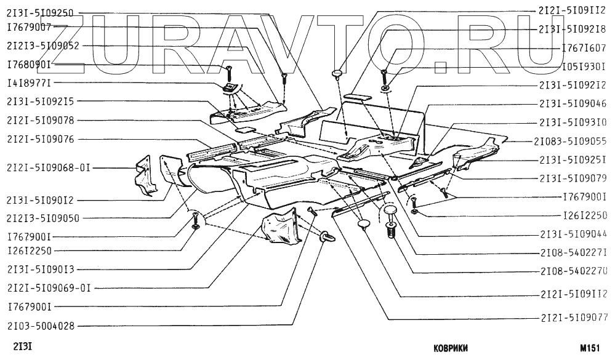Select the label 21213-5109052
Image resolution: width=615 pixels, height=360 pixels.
tap(42, 46)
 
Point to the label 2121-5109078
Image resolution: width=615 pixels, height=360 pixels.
tap(39, 120)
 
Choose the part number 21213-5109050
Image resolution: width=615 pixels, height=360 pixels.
tap(42, 218)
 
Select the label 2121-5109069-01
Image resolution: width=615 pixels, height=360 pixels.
tap(48, 287)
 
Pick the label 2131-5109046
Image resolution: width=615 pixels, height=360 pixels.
tap(573, 104)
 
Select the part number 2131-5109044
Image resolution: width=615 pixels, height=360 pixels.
tap(573, 234)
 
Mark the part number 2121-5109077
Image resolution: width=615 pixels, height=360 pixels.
tap(573, 318)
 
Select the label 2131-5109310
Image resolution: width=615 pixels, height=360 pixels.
tap(573, 122)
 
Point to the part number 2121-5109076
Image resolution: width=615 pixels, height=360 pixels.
tap(39, 140)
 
